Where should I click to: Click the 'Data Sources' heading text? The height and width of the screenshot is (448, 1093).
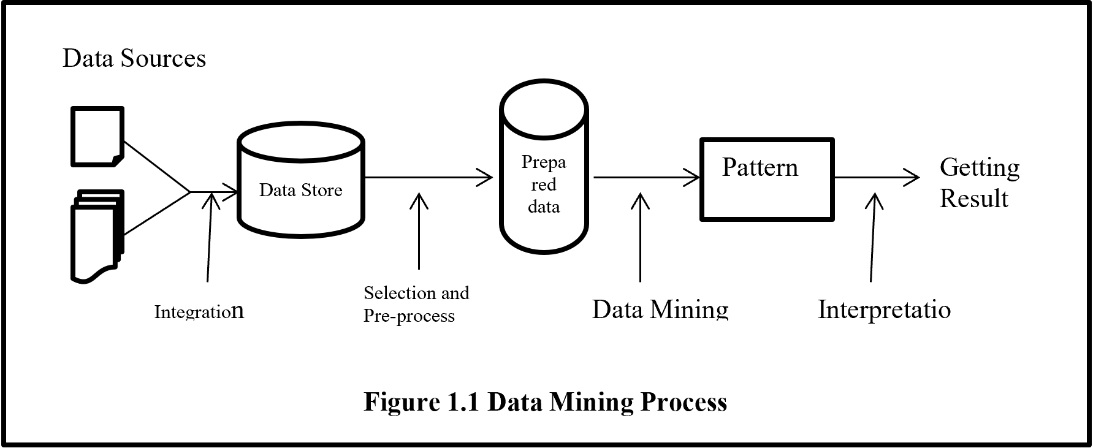134,59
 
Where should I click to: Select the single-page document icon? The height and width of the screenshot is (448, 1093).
97,136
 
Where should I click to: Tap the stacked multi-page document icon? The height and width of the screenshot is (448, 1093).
97,236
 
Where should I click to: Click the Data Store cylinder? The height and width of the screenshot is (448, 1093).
300,181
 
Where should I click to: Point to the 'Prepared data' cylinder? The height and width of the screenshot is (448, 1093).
544,168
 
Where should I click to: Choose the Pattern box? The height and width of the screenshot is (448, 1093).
767,179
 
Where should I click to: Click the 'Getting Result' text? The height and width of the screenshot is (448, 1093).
979,183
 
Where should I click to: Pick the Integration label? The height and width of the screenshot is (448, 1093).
199,311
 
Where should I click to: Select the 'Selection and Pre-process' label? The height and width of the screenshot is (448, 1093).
416,304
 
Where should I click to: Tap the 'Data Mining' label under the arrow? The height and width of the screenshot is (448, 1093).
660,309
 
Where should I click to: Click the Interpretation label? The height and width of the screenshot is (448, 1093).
884,309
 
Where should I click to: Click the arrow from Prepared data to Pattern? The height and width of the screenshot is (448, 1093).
646,178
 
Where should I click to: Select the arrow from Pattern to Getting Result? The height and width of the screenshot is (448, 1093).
877,178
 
